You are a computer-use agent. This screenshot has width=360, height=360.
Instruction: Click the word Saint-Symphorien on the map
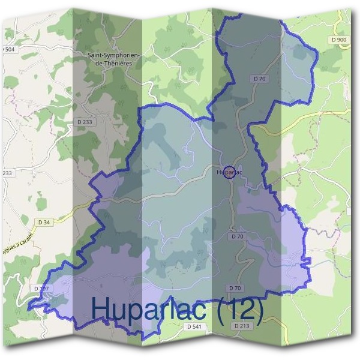(114, 55)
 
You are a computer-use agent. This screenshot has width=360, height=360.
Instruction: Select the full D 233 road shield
(85, 121)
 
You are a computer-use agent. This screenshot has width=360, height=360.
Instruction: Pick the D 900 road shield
(338, 40)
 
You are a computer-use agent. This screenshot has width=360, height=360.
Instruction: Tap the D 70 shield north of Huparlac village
(259, 79)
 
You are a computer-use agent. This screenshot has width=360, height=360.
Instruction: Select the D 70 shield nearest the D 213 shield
(234, 289)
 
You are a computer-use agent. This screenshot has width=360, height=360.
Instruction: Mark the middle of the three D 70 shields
(236, 236)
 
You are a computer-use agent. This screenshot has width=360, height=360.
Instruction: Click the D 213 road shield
(241, 326)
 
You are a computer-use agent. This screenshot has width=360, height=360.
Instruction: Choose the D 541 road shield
(193, 326)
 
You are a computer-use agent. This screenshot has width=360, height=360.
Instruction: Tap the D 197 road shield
(41, 289)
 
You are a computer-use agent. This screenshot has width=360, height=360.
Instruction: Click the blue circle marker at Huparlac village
(228, 173)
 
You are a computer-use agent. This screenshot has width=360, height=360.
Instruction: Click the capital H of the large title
(101, 309)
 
